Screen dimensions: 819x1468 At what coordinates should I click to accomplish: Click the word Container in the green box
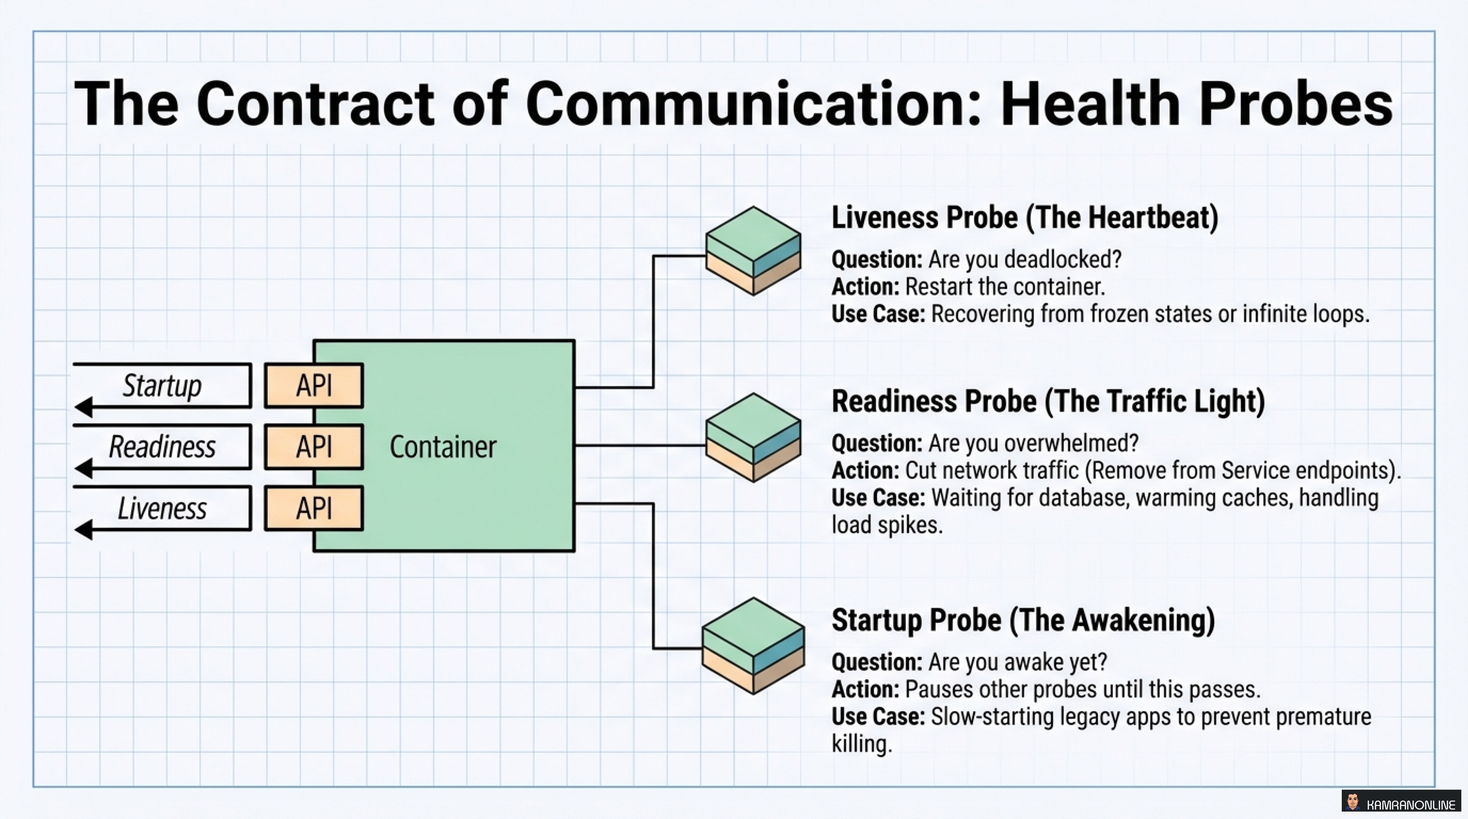point(443,447)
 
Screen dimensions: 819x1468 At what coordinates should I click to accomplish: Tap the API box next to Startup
point(313,386)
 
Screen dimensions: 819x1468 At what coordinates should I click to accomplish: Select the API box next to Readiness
point(313,447)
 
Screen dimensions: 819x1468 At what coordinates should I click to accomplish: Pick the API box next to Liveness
point(313,508)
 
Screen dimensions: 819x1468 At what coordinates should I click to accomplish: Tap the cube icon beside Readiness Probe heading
point(753,437)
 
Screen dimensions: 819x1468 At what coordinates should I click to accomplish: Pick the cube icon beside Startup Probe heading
point(753,645)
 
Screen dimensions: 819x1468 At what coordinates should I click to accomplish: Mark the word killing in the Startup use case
point(861,744)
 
